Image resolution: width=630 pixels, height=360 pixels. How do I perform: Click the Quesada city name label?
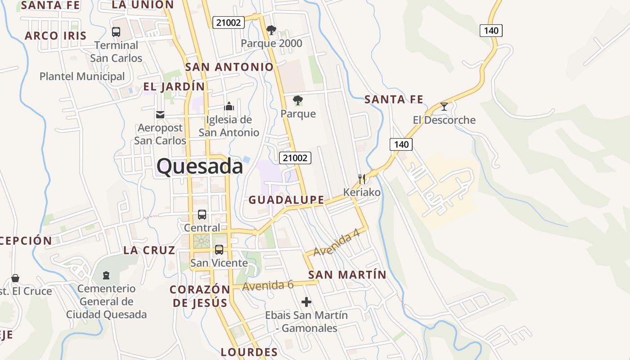tap(199, 166)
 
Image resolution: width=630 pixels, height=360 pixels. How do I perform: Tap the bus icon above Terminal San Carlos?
tap(116, 32)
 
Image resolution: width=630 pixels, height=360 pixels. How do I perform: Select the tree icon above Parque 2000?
tap(271, 30)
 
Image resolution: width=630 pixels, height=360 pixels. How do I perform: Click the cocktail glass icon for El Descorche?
tap(444, 107)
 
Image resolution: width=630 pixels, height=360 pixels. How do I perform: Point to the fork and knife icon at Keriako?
tap(361, 179)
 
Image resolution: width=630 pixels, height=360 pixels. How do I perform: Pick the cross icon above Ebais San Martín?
tap(306, 301)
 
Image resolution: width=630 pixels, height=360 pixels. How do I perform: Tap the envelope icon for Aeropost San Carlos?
tap(160, 115)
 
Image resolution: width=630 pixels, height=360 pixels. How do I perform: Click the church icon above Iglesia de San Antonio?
tap(229, 107)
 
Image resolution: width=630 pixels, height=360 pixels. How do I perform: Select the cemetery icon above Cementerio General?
tap(106, 275)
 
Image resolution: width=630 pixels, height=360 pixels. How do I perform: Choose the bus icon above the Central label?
tap(202, 215)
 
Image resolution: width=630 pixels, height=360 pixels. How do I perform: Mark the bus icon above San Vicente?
tap(219, 249)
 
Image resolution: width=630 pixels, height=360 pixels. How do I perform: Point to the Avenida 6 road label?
tap(268, 285)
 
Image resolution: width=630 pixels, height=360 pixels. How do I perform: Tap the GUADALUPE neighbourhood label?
tap(286, 200)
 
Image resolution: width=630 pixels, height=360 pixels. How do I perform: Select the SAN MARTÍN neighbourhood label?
tap(347, 274)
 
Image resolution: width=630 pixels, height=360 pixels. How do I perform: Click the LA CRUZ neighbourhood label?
tap(149, 250)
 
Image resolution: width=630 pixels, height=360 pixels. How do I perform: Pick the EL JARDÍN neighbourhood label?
tap(174, 86)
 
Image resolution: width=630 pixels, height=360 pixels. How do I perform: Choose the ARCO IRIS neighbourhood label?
tap(55, 36)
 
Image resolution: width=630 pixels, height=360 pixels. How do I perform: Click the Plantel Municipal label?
tap(82, 76)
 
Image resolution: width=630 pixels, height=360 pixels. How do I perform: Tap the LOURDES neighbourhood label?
tap(249, 352)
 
